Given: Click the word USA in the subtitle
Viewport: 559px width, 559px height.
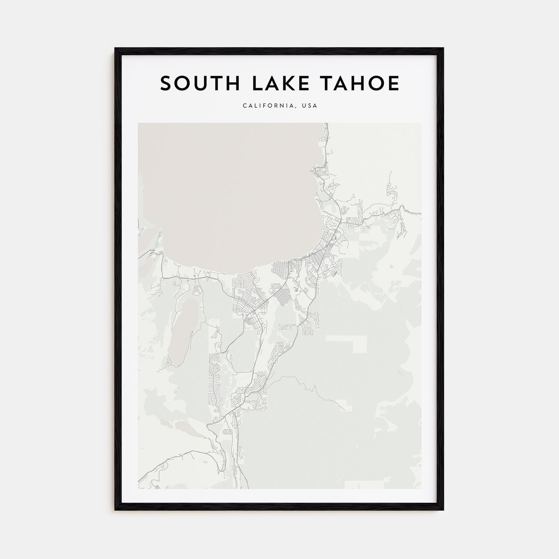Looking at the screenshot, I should coord(309,106).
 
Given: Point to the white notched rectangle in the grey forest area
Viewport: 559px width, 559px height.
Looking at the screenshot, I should coord(346,346).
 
